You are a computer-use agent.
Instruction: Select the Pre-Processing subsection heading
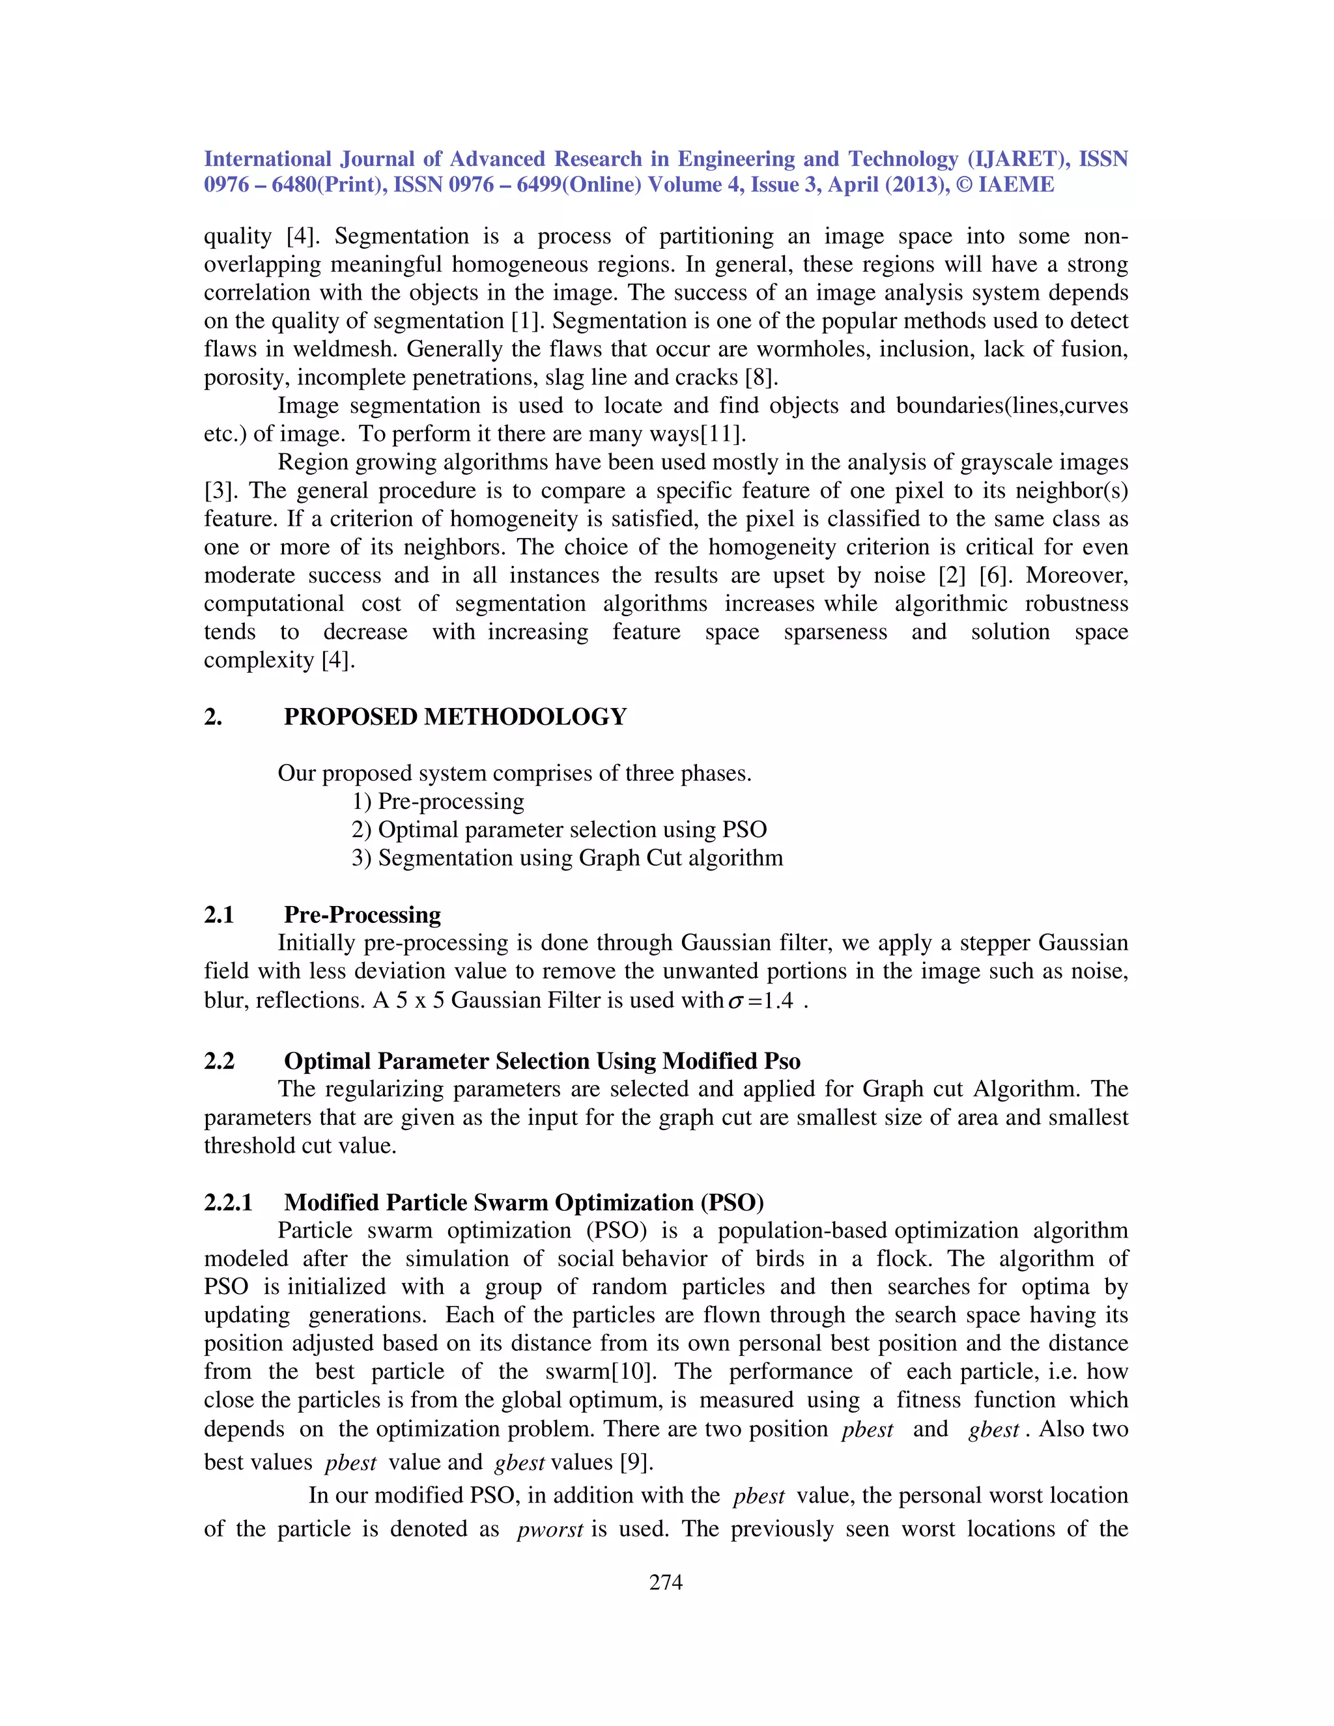(x=362, y=914)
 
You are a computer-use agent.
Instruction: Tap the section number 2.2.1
(x=229, y=1202)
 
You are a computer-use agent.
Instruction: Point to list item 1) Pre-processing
(x=438, y=800)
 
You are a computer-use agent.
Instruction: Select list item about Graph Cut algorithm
(x=567, y=858)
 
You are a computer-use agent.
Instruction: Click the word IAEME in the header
(x=1015, y=185)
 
